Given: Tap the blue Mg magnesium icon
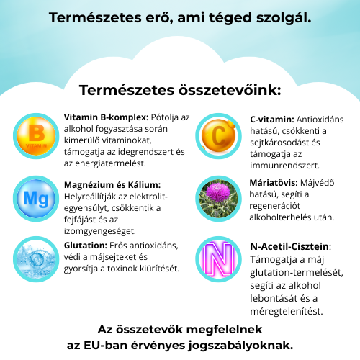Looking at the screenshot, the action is tap(33, 197).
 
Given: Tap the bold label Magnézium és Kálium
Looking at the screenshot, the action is tap(112, 184).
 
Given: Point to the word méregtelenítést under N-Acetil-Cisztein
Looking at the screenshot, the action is tap(286, 312).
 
